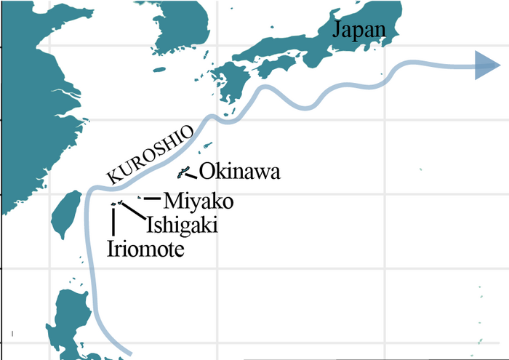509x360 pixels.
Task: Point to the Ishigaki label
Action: (x=181, y=225)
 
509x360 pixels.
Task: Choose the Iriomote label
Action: (x=145, y=249)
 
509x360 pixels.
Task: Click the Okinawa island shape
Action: (x=184, y=172)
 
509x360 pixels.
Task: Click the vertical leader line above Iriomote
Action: (x=113, y=221)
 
